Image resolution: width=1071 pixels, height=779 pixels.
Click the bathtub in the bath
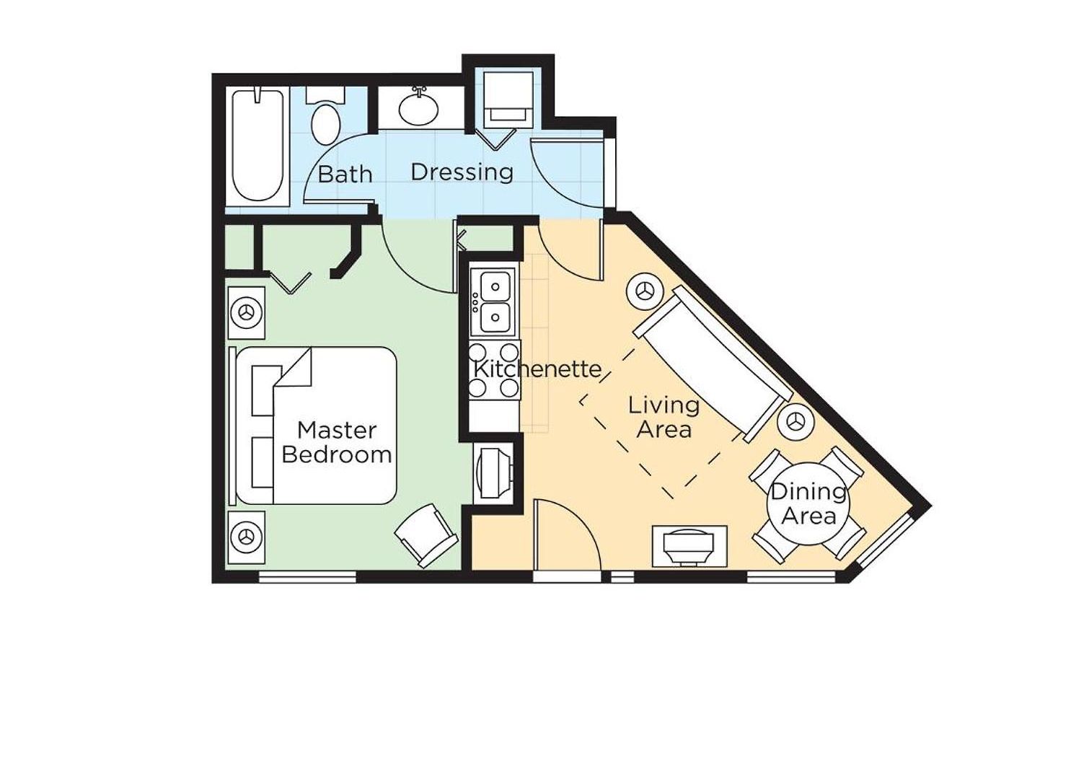pyautogui.click(x=257, y=145)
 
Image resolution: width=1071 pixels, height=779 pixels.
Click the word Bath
pyautogui.click(x=345, y=174)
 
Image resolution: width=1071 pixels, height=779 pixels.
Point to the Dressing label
pyautogui.click(x=462, y=172)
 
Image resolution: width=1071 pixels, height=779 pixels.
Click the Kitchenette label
pyautogui.click(x=537, y=369)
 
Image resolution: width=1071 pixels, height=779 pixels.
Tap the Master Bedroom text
pyautogui.click(x=337, y=442)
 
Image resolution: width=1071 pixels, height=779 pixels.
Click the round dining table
pyautogui.click(x=808, y=504)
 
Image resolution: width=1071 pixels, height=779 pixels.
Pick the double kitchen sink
pyautogui.click(x=493, y=302)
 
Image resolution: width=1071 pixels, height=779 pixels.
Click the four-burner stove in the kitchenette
pyautogui.click(x=494, y=369)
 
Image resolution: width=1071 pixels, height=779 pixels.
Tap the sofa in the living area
pyautogui.click(x=713, y=364)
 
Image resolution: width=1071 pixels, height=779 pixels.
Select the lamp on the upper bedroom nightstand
pyautogui.click(x=247, y=313)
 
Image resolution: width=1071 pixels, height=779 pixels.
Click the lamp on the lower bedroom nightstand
pyautogui.click(x=247, y=537)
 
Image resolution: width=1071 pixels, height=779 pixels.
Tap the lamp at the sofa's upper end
pyautogui.click(x=645, y=291)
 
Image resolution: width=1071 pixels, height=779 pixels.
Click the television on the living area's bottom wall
pyautogui.click(x=689, y=547)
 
